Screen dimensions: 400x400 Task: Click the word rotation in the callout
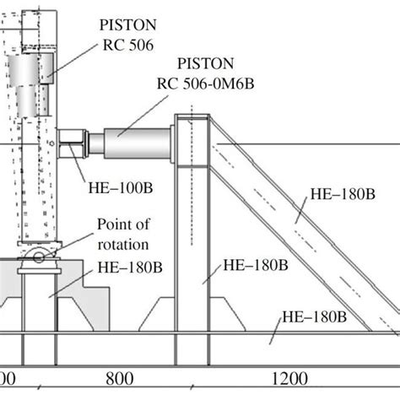point(123,244)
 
